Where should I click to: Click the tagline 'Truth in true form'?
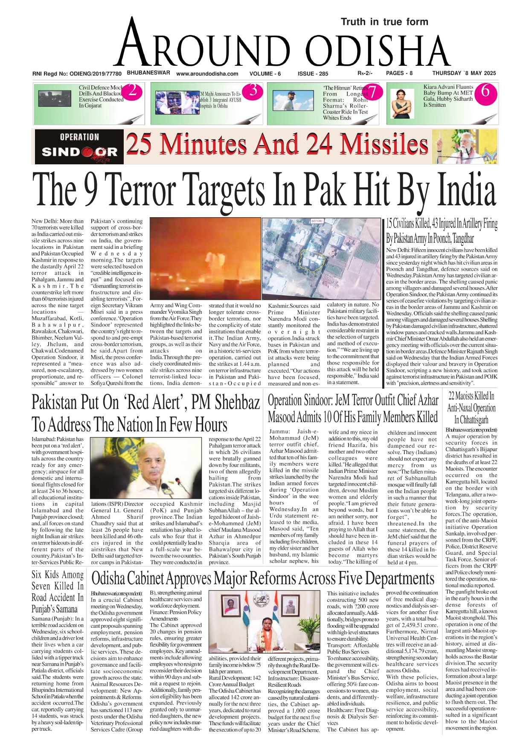pyautogui.click(x=384, y=22)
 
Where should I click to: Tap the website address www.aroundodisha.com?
pyautogui.click(x=207, y=73)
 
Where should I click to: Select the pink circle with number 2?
pyautogui.click(x=132, y=91)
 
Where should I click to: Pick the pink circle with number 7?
pyautogui.click(x=372, y=92)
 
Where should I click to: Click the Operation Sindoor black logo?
pyautogui.click(x=79, y=146)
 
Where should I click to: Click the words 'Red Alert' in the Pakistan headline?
pyautogui.click(x=156, y=402)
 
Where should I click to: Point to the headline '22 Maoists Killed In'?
pyautogui.click(x=471, y=396)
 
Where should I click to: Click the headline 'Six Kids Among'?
pyautogui.click(x=58, y=575)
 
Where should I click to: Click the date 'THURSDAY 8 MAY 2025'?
pyautogui.click(x=464, y=73)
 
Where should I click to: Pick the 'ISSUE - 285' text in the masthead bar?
pyautogui.click(x=313, y=73)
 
